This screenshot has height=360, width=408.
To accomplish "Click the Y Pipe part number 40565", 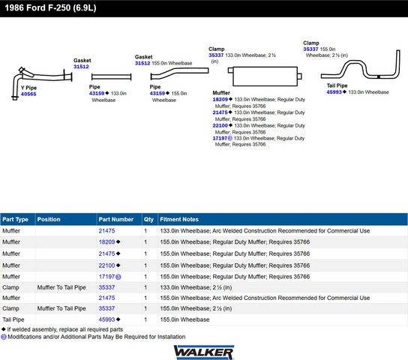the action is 28,94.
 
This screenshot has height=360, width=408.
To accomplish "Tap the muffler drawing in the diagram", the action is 265,76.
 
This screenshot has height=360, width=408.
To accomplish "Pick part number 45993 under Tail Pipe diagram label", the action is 334,92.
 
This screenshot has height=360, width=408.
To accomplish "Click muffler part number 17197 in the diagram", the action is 220,138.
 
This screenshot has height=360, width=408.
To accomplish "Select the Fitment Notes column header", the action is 179,219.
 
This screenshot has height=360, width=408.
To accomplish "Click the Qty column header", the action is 148,219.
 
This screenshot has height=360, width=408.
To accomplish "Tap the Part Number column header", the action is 115,219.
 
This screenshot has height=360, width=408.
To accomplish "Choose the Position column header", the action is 49,219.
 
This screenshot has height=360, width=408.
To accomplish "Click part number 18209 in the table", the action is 106,242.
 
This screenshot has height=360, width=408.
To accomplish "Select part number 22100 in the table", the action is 106,265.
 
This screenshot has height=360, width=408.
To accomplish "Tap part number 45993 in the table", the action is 106,319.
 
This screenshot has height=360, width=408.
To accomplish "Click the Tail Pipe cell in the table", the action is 13,319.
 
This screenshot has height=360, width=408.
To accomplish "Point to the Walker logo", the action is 204,352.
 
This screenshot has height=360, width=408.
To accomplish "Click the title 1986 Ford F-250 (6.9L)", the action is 50,7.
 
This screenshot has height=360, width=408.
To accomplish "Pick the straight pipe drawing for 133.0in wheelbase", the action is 111,76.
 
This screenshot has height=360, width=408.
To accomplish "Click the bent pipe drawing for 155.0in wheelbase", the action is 179,73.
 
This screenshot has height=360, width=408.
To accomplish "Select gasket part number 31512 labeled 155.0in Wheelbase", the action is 142,63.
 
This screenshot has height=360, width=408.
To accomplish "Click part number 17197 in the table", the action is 106,277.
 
